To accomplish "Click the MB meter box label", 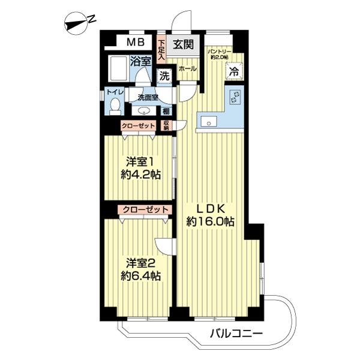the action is pos(136,42).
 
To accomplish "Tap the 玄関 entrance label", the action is pos(183,44).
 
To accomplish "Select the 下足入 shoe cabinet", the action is pos(161,49).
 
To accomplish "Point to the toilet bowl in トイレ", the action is pos(115,107).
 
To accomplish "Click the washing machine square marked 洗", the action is pos(164,76).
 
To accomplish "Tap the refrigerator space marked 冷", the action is pos(235,71).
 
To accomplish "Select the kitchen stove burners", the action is pos(236,97).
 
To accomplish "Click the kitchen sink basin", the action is pos(209,121).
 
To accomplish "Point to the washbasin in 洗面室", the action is pos(144,111).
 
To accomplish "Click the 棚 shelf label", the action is pos(166,112).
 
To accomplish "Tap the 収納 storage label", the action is pos(166,125).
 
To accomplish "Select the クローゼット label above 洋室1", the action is pos(139,125).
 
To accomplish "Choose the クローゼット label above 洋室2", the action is pos(145,209).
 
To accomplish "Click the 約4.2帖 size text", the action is pos(140,175).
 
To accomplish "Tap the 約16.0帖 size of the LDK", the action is pos(211,222).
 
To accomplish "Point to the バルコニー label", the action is pos(236,333).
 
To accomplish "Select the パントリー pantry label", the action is pos(220,54).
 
